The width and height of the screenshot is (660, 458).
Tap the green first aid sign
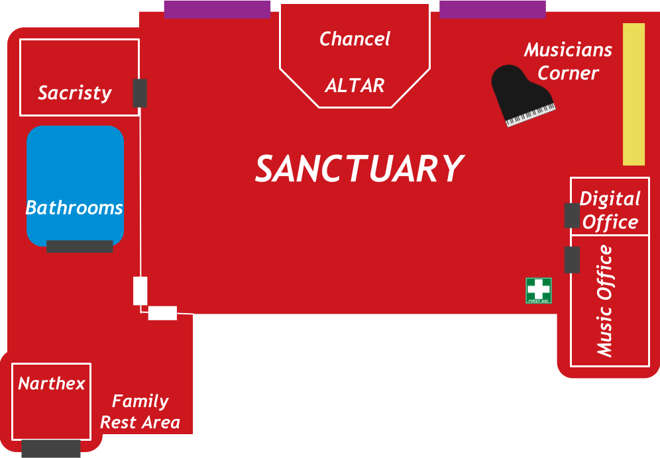tap(539, 291)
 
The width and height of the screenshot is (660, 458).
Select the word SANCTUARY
tap(359, 169)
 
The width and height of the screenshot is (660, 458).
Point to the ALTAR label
tap(355, 85)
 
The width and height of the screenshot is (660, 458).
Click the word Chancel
tap(355, 39)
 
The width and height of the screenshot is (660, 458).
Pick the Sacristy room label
tap(74, 93)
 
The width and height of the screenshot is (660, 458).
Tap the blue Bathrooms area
tap(75, 185)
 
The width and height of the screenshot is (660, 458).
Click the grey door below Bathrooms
tap(80, 246)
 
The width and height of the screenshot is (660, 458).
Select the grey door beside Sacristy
tap(139, 93)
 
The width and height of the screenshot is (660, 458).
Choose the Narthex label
tap(52, 384)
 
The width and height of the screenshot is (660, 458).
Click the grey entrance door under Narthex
tap(51, 448)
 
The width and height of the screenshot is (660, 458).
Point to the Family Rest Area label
tap(140, 412)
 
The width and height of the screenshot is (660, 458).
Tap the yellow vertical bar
tap(633, 94)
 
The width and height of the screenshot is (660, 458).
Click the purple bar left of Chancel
tap(217, 9)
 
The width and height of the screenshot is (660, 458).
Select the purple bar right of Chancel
tap(492, 9)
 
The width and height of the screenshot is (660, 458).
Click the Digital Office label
tap(610, 210)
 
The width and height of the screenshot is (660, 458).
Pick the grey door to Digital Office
tap(572, 216)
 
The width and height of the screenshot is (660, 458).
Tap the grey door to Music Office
tap(572, 259)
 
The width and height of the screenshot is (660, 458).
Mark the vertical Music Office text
tap(604, 301)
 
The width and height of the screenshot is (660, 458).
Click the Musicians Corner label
tap(568, 61)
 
